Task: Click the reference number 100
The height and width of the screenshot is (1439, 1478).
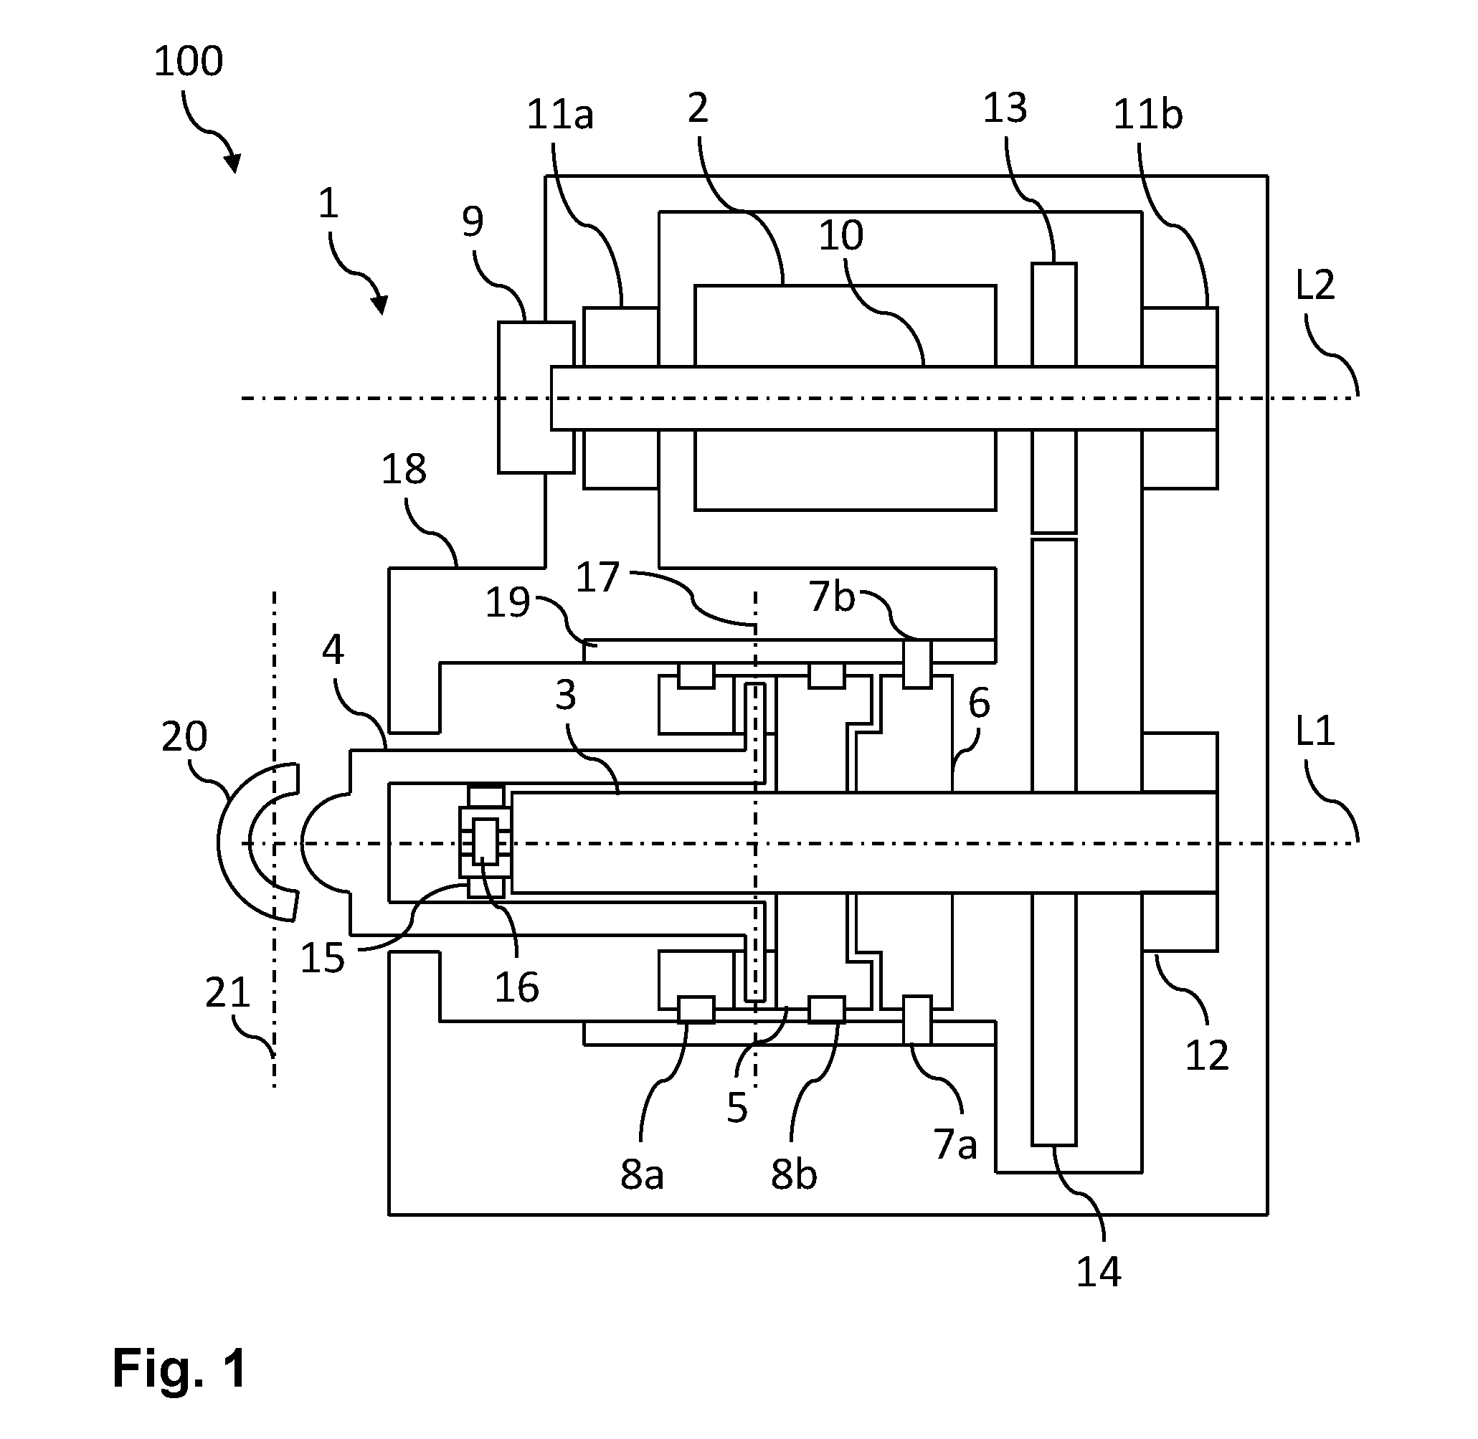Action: click(x=189, y=61)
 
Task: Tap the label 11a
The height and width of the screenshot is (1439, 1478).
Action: click(x=559, y=115)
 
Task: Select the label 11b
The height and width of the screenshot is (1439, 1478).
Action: click(x=1147, y=115)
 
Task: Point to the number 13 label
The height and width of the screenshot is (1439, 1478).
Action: click(x=1005, y=108)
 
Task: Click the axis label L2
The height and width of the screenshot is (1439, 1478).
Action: click(x=1315, y=285)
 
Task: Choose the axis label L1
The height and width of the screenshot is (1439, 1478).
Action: click(x=1315, y=731)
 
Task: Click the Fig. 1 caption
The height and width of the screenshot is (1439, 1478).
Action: click(x=180, y=1368)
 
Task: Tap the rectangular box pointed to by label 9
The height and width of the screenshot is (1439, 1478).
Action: click(x=535, y=397)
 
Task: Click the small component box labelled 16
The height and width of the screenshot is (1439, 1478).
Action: click(x=485, y=840)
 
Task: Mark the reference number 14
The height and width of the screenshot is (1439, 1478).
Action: click(x=1099, y=1272)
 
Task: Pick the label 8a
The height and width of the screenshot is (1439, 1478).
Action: click(x=642, y=1175)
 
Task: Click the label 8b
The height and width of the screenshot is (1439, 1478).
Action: click(x=794, y=1175)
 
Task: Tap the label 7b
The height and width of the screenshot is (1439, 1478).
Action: click(x=832, y=597)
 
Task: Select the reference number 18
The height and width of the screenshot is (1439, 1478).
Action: click(x=404, y=470)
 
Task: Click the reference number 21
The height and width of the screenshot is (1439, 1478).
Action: click(x=227, y=992)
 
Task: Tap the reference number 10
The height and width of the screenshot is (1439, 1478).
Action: click(x=840, y=236)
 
